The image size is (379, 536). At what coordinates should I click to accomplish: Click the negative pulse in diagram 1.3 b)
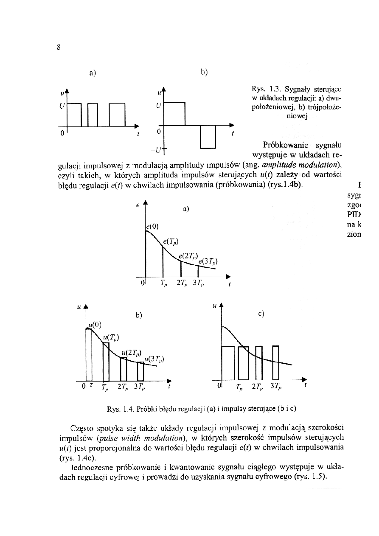tap(208, 137)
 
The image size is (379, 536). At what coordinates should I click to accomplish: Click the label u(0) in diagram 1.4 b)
tap(95, 325)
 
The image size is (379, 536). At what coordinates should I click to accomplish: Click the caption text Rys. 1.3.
tap(264, 89)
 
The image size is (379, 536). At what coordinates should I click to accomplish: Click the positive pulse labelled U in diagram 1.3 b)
tap(175, 114)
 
